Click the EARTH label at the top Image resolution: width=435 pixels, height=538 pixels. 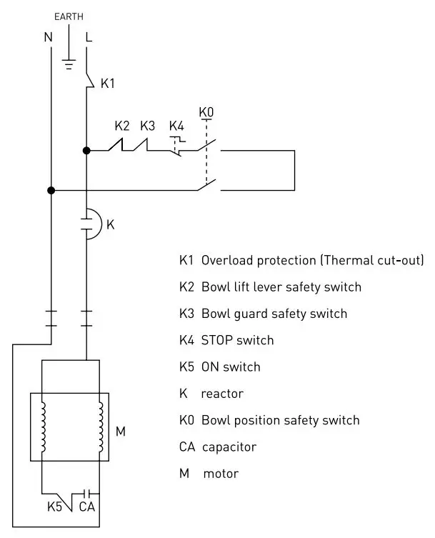[69, 16]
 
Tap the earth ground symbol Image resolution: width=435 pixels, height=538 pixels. [69, 64]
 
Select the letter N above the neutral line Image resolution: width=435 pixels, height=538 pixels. [48, 36]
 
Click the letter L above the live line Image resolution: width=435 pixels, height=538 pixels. [88, 36]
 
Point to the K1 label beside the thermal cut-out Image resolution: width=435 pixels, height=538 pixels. [107, 84]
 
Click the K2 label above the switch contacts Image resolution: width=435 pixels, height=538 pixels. [122, 126]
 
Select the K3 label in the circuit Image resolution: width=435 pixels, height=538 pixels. [147, 126]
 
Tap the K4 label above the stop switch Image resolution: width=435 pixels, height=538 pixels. [176, 126]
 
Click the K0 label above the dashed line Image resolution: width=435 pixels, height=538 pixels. [206, 112]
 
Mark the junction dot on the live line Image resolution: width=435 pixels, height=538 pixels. [86, 151]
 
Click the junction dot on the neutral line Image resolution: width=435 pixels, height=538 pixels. [51, 191]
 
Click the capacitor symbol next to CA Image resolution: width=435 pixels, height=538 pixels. [86, 493]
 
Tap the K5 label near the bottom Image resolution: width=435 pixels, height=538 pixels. [54, 507]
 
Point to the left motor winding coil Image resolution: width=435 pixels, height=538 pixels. [44, 426]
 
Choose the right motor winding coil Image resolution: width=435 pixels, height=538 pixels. [101, 426]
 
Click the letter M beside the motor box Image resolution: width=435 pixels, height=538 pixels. [121, 432]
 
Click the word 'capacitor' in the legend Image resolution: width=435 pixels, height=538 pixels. [229, 447]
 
